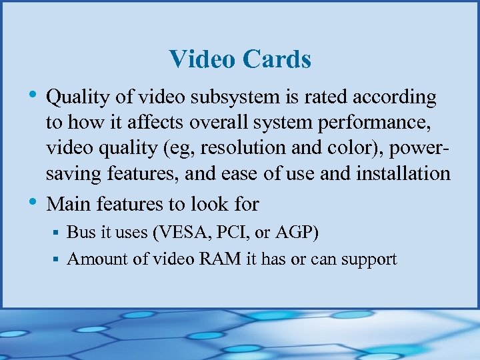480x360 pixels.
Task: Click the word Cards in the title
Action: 277,59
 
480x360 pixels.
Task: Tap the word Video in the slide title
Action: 203,59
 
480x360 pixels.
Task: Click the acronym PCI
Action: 224,233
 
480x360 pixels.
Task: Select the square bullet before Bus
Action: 57,233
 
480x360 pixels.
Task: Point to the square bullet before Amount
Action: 57,259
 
